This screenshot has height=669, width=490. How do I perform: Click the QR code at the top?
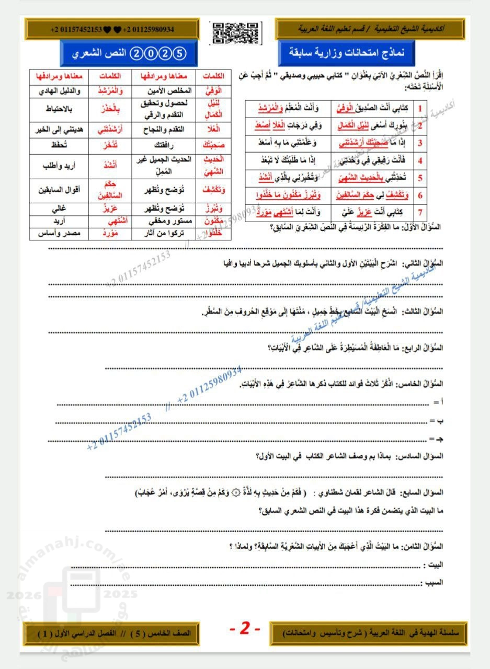point(235,32)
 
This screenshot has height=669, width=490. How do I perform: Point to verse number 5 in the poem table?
point(420,178)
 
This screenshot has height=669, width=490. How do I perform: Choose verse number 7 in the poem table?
point(420,212)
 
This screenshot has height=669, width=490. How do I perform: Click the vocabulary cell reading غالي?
point(58,209)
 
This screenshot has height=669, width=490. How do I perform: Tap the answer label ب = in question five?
point(432,420)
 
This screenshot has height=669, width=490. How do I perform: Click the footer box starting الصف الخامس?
point(110,633)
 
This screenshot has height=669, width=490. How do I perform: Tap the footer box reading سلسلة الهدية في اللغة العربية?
point(369,633)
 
